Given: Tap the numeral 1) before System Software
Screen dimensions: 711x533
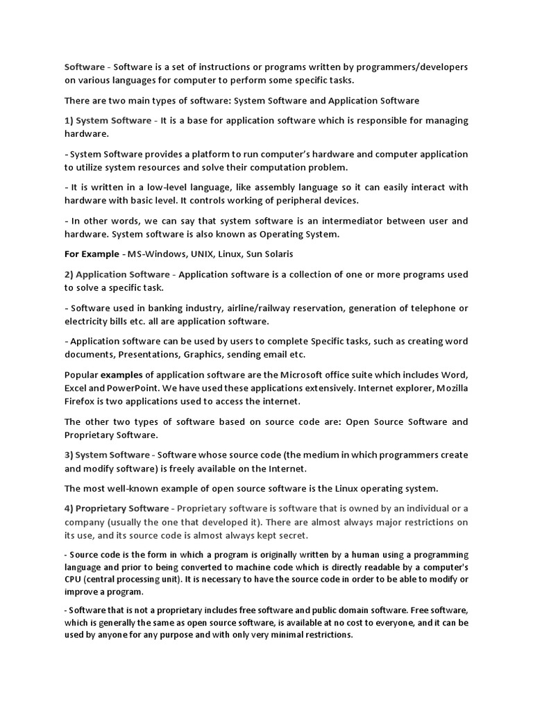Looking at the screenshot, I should pyautogui.click(x=69, y=120).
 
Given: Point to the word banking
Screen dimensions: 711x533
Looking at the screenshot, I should pyautogui.click(x=172, y=308).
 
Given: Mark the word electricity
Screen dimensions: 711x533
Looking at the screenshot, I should pyautogui.click(x=87, y=321).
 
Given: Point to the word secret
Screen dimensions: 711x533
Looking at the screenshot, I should pyautogui.click(x=291, y=535).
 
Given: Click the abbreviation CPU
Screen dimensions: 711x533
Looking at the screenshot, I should pyautogui.click(x=74, y=579).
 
